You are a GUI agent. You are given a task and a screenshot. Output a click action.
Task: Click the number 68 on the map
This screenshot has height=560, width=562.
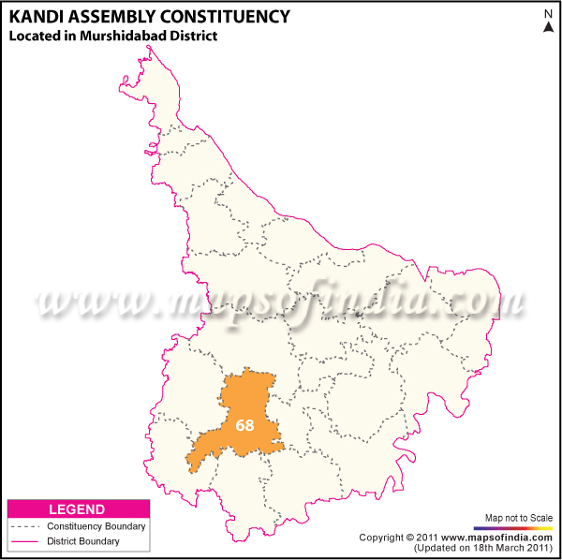click(244, 425)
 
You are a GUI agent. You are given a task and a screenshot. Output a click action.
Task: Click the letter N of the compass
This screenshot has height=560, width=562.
click(548, 13)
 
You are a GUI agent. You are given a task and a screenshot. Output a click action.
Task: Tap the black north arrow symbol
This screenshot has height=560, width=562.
click(548, 26)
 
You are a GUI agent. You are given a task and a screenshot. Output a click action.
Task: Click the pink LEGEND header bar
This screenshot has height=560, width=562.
click(77, 509)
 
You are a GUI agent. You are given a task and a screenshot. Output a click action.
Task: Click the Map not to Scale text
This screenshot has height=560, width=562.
click(519, 518)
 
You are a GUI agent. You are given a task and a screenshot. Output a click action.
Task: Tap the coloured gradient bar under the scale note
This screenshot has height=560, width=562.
click(519, 527)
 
